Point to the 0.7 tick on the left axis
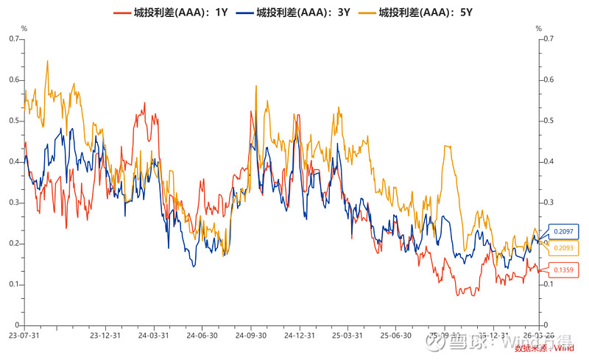[13, 38]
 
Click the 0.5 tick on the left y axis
[13, 120]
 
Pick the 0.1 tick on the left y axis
[13, 284]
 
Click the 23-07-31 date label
[24, 335]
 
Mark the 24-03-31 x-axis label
[152, 335]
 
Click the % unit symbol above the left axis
[24, 28]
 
